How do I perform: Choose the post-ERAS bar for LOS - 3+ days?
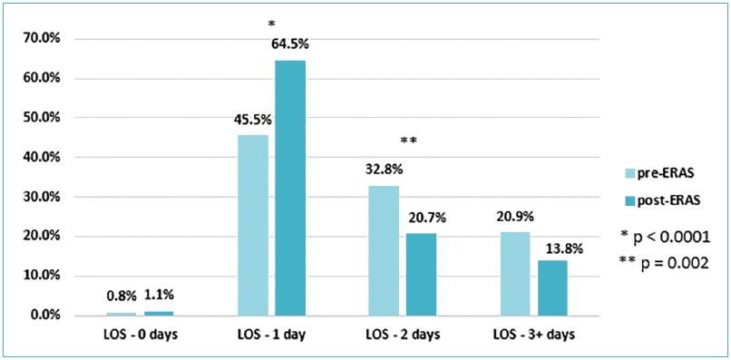[551, 287]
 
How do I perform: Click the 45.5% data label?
[253, 119]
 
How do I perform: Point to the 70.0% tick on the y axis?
[41, 39]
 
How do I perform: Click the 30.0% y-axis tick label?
[41, 197]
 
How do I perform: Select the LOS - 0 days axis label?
[140, 335]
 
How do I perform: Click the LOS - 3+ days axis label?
[533, 335]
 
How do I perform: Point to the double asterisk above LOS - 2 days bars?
[408, 141]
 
